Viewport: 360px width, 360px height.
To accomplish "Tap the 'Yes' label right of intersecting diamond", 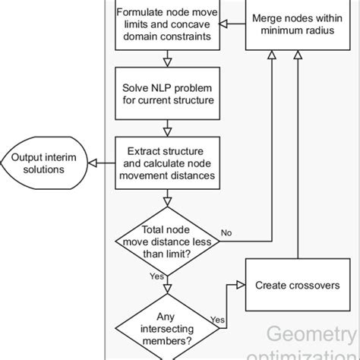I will pos(216,320).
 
